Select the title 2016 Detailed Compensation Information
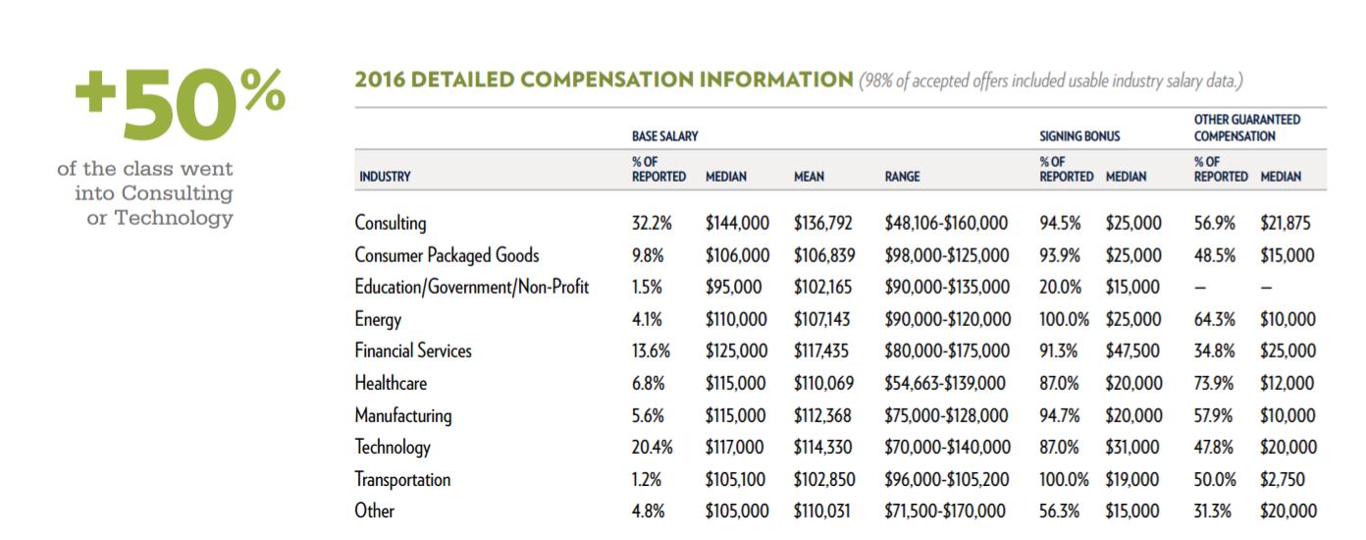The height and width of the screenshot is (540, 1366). (x=604, y=80)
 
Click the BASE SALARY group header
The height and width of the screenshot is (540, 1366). (x=664, y=136)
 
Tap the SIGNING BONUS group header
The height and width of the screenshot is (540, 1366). (x=1079, y=136)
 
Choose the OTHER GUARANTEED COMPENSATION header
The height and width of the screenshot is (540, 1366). (x=1246, y=128)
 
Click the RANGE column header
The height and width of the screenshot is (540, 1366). (x=902, y=177)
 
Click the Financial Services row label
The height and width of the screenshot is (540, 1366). (x=413, y=351)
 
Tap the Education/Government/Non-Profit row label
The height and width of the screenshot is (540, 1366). (x=472, y=287)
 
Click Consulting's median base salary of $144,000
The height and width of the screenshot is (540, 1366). (x=737, y=223)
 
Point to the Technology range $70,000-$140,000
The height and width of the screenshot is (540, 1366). (x=947, y=448)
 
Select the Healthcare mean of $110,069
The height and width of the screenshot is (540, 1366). (x=824, y=383)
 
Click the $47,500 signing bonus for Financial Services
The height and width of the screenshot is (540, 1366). (x=1133, y=351)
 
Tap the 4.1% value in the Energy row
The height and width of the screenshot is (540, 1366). (x=648, y=319)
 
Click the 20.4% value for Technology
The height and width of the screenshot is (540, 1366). (x=652, y=448)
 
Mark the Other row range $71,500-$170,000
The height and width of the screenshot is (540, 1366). (x=945, y=512)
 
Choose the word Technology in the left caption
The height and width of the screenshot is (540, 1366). (x=174, y=218)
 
